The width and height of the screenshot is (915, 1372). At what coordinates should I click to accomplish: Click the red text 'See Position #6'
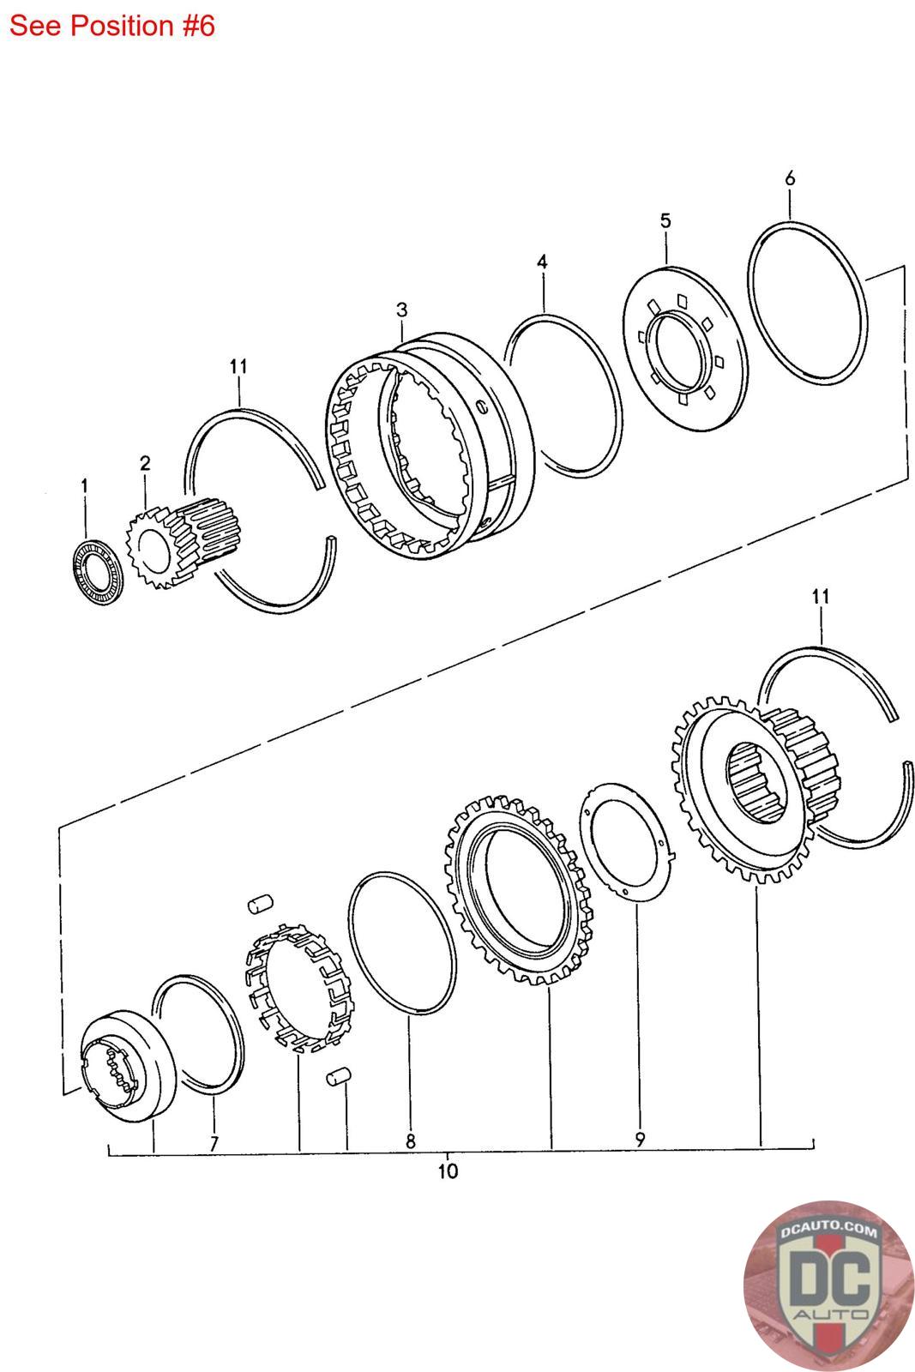tap(111, 26)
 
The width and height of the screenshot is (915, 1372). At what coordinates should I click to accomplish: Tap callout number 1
tap(84, 485)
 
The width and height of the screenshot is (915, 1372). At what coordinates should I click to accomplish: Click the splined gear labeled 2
tap(180, 545)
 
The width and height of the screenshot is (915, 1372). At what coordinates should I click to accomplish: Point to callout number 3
tap(401, 309)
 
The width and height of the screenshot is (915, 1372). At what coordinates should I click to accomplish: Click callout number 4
tap(542, 262)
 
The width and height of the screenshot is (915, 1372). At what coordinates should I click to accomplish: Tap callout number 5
tap(665, 220)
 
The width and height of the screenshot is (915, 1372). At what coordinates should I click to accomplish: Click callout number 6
tap(790, 178)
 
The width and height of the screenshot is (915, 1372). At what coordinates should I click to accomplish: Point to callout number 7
tap(214, 1143)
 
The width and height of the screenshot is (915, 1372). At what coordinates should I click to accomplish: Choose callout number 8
tap(411, 1141)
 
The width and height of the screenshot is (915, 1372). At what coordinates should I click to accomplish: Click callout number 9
tap(640, 1140)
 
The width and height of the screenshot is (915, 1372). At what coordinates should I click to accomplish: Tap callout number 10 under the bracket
tap(448, 1170)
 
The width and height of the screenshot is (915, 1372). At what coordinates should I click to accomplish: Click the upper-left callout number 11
tap(238, 366)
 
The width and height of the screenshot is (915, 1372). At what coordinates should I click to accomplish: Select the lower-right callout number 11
tap(821, 596)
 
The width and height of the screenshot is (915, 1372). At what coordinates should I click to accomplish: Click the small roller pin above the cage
tap(260, 901)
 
